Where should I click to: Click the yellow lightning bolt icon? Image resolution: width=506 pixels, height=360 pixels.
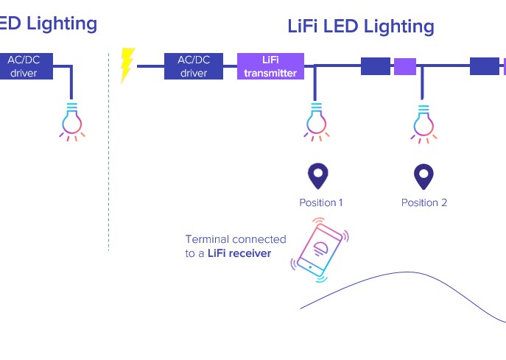coord(127,65)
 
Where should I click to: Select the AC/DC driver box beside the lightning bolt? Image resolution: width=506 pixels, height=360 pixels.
coord(194,66)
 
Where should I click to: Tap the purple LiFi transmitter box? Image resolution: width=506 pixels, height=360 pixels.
coord(270,66)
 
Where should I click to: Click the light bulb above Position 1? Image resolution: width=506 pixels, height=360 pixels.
coord(317,121)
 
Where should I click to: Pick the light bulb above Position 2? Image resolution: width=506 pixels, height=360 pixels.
coord(423,121)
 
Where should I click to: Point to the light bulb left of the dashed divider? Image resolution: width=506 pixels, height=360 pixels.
coord(71,121)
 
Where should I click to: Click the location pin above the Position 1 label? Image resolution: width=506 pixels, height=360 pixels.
coord(317,176)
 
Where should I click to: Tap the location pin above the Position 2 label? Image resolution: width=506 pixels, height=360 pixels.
coord(424,176)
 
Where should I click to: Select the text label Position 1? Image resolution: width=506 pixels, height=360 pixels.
coord(320,202)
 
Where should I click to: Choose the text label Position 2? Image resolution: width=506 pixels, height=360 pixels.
coord(424,202)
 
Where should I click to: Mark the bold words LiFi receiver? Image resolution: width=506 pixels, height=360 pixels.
coord(239,253)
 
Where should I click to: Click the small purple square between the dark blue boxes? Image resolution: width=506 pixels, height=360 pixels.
coord(405,66)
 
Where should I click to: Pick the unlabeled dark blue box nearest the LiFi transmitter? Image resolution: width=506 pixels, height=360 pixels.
coord(376,66)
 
